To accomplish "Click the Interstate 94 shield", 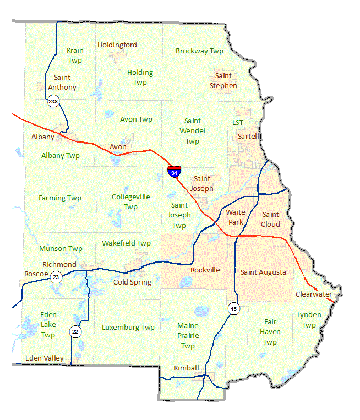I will click(x=174, y=171).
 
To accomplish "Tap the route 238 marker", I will click(x=53, y=101).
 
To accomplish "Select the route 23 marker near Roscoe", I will click(x=56, y=277).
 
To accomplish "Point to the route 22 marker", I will click(x=75, y=331).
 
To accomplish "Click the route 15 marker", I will click(x=233, y=309).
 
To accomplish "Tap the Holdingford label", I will click(x=117, y=45).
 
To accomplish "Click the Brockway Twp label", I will click(x=199, y=51).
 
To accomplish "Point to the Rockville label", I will click(x=205, y=270).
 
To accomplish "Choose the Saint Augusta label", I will click(x=263, y=272).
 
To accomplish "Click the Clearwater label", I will click(x=314, y=294).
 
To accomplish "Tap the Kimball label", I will click(x=186, y=368).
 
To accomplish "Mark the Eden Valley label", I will click(x=45, y=358).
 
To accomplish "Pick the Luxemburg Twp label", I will click(x=128, y=328).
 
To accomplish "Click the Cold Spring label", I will click(x=132, y=282).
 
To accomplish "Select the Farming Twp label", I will click(x=60, y=198).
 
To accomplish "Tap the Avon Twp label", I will click(x=136, y=119).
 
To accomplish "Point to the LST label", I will click(x=238, y=122).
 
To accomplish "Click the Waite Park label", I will click(x=236, y=217).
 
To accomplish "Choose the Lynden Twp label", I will click(x=309, y=320).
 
